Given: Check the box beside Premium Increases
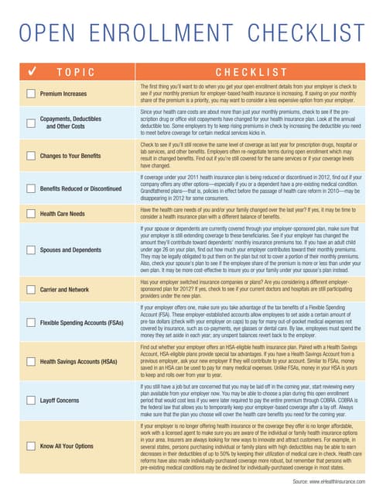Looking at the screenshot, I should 30,93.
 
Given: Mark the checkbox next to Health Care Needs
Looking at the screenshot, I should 30,213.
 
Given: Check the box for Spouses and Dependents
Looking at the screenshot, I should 30,250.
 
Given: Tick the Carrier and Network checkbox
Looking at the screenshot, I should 30,288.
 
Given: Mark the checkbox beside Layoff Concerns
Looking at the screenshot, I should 30,401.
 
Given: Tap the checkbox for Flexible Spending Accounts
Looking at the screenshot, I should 30,321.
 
